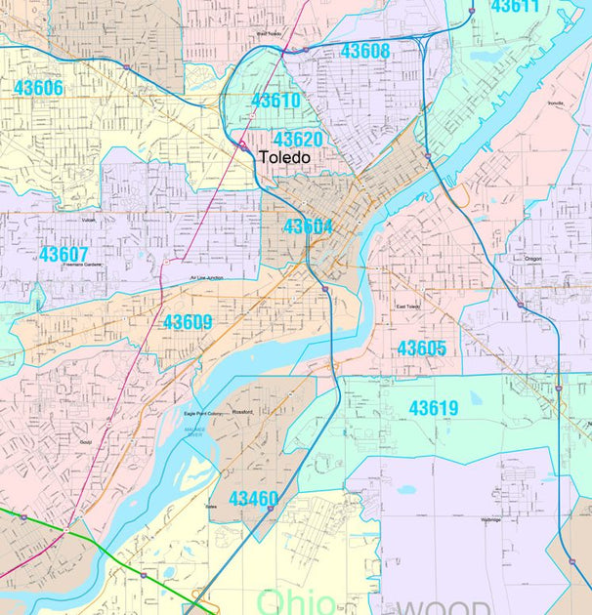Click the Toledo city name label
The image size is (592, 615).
pos(284,157)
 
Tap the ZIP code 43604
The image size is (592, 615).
pos(309,226)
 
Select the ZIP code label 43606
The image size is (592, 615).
pos(38,88)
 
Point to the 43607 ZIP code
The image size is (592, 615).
pos(63,255)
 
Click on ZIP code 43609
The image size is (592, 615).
pos(188,322)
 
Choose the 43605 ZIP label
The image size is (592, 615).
pos(421,348)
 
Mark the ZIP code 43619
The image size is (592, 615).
pos(433,408)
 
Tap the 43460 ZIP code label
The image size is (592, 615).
pos(253,499)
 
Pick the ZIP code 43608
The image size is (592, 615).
pos(364,51)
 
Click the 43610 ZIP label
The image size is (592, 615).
pos(275,101)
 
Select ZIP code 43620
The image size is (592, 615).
pos(298,140)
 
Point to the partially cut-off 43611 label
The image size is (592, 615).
pos(515,7)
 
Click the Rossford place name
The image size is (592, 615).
pos(242,412)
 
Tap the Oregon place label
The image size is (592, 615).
pos(533,258)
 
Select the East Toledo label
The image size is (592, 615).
pos(407,307)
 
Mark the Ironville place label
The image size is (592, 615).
pos(557,102)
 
